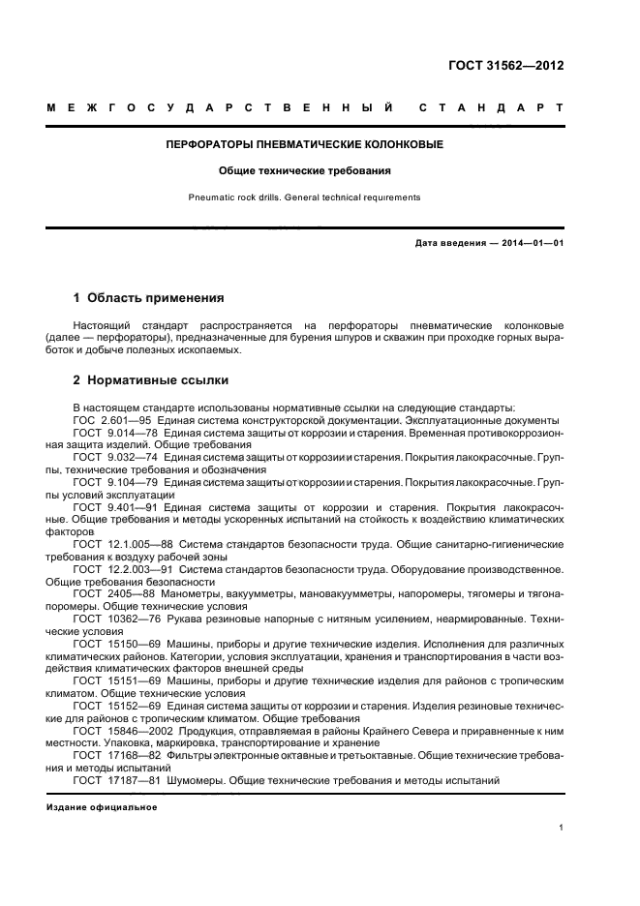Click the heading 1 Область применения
tap(149, 298)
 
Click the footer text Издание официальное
tap(102, 807)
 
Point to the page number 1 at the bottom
tap(562, 828)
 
